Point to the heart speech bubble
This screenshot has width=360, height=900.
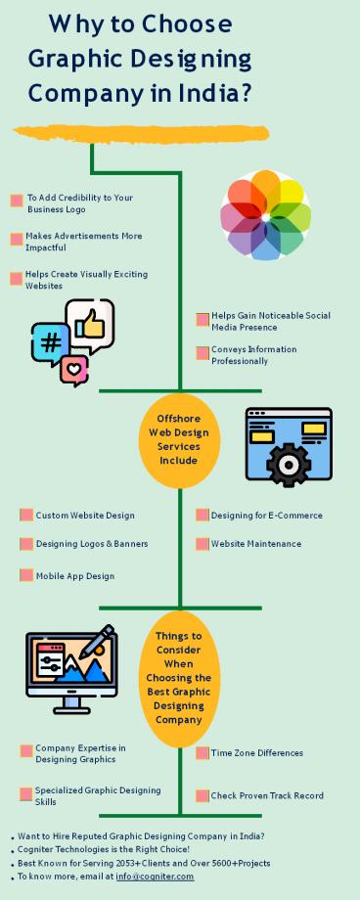74,370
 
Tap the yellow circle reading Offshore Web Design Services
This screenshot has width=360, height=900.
179,439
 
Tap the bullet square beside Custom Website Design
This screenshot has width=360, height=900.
26,516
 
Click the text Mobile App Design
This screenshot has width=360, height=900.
75,576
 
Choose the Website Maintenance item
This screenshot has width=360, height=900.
255,544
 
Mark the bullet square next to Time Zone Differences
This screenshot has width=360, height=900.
202,753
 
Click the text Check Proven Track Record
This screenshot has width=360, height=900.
267,795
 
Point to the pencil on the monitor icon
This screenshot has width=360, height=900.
95,647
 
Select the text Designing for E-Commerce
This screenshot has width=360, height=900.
266,516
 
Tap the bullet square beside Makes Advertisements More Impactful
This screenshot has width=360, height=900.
17,240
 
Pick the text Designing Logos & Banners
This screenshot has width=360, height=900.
92,544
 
